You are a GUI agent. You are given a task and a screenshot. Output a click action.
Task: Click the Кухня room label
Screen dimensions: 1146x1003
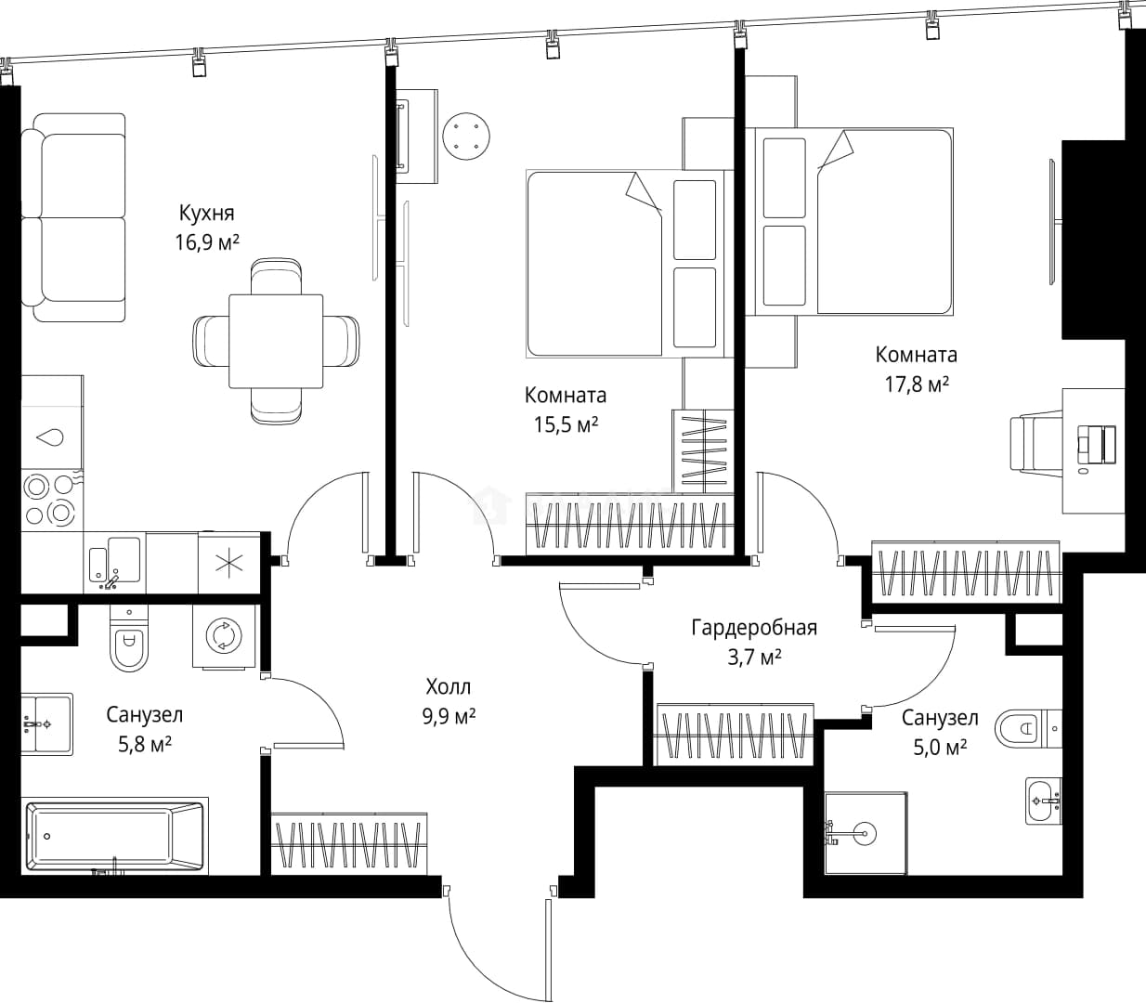(207, 214)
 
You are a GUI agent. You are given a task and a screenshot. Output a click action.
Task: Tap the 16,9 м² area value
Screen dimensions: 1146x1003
(207, 243)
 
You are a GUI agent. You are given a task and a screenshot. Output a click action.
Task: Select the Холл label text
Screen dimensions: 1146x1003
(449, 686)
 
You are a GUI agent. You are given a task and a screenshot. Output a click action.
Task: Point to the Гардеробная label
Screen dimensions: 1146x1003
(754, 629)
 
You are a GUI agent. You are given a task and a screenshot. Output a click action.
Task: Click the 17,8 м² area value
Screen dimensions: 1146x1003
(917, 384)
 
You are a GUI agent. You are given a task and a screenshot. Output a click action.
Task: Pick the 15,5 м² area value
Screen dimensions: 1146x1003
(566, 425)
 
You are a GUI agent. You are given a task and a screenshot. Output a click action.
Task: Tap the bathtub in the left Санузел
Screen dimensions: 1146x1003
(115, 836)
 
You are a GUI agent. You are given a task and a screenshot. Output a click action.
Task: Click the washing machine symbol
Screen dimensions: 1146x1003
(224, 636)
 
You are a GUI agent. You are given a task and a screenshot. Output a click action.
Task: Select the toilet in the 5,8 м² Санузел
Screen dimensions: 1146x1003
(129, 638)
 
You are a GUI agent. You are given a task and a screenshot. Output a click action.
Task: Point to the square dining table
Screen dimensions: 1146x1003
(276, 341)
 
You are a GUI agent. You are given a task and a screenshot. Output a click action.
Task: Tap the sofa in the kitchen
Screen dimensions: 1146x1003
(73, 217)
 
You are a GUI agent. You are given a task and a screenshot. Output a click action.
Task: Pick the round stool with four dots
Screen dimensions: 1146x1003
(466, 137)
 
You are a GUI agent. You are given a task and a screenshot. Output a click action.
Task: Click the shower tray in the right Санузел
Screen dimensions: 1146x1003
(866, 833)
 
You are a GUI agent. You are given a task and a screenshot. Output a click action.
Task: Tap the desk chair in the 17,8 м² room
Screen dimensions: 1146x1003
(1035, 442)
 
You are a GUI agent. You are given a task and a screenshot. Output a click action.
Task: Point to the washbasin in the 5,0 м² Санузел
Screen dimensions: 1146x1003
(1044, 801)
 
